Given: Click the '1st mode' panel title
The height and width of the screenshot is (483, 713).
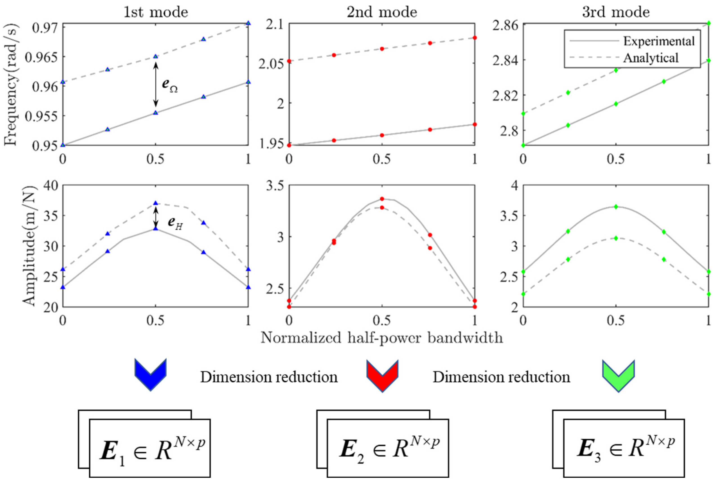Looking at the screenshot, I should [x=156, y=12].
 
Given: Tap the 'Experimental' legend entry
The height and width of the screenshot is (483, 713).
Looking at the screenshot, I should [x=659, y=41].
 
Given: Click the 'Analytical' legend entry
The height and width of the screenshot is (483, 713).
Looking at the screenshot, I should [x=651, y=58].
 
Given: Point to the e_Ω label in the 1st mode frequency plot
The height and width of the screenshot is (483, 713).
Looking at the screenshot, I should [x=170, y=85].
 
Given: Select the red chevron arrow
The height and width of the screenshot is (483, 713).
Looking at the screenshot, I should [x=382, y=375].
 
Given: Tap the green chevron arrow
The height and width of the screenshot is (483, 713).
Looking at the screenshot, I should [x=618, y=375].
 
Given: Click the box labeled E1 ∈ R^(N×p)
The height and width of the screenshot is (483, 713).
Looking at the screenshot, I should [x=150, y=448].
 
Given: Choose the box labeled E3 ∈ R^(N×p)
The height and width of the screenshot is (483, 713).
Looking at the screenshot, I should [x=624, y=448].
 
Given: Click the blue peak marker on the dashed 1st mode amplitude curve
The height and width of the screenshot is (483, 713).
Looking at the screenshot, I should [x=156, y=203].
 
